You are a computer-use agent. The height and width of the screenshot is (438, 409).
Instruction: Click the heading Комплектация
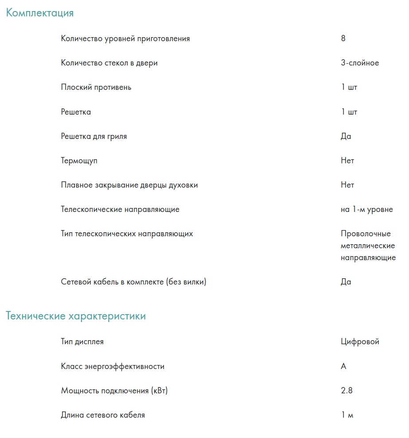click(x=40, y=13)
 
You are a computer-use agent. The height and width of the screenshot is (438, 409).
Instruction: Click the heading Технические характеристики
click(x=76, y=316)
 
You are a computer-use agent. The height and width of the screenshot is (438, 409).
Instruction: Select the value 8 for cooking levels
click(x=343, y=38)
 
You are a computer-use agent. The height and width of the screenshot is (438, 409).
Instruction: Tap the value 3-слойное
click(x=360, y=63)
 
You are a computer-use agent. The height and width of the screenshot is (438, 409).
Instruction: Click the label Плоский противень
click(x=96, y=87)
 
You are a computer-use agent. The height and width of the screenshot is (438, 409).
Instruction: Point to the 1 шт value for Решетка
click(x=349, y=112)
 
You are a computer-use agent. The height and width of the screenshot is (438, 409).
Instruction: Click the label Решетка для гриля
click(x=94, y=136)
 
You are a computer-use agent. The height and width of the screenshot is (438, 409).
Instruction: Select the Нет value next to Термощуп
click(x=347, y=161)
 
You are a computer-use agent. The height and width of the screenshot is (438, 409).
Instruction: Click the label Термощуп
click(x=79, y=161)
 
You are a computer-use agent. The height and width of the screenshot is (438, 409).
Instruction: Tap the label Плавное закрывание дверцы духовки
click(x=129, y=185)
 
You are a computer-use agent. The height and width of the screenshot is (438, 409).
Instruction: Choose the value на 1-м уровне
click(x=367, y=209)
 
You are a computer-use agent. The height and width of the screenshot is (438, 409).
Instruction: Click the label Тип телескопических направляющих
click(x=127, y=234)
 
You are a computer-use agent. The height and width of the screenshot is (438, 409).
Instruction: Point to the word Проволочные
click(x=366, y=234)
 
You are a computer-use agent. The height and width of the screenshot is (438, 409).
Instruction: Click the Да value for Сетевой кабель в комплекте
click(x=346, y=282)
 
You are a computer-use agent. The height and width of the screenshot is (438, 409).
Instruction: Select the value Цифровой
click(x=360, y=342)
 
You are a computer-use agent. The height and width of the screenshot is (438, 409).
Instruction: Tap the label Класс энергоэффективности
click(x=113, y=366)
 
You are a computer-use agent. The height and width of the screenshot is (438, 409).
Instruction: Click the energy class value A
click(x=344, y=366)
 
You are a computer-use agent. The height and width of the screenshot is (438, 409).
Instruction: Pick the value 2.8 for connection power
click(x=347, y=391)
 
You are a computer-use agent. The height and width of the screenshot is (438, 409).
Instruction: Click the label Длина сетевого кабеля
click(x=103, y=415)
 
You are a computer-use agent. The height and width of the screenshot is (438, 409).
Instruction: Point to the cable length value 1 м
click(x=347, y=415)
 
